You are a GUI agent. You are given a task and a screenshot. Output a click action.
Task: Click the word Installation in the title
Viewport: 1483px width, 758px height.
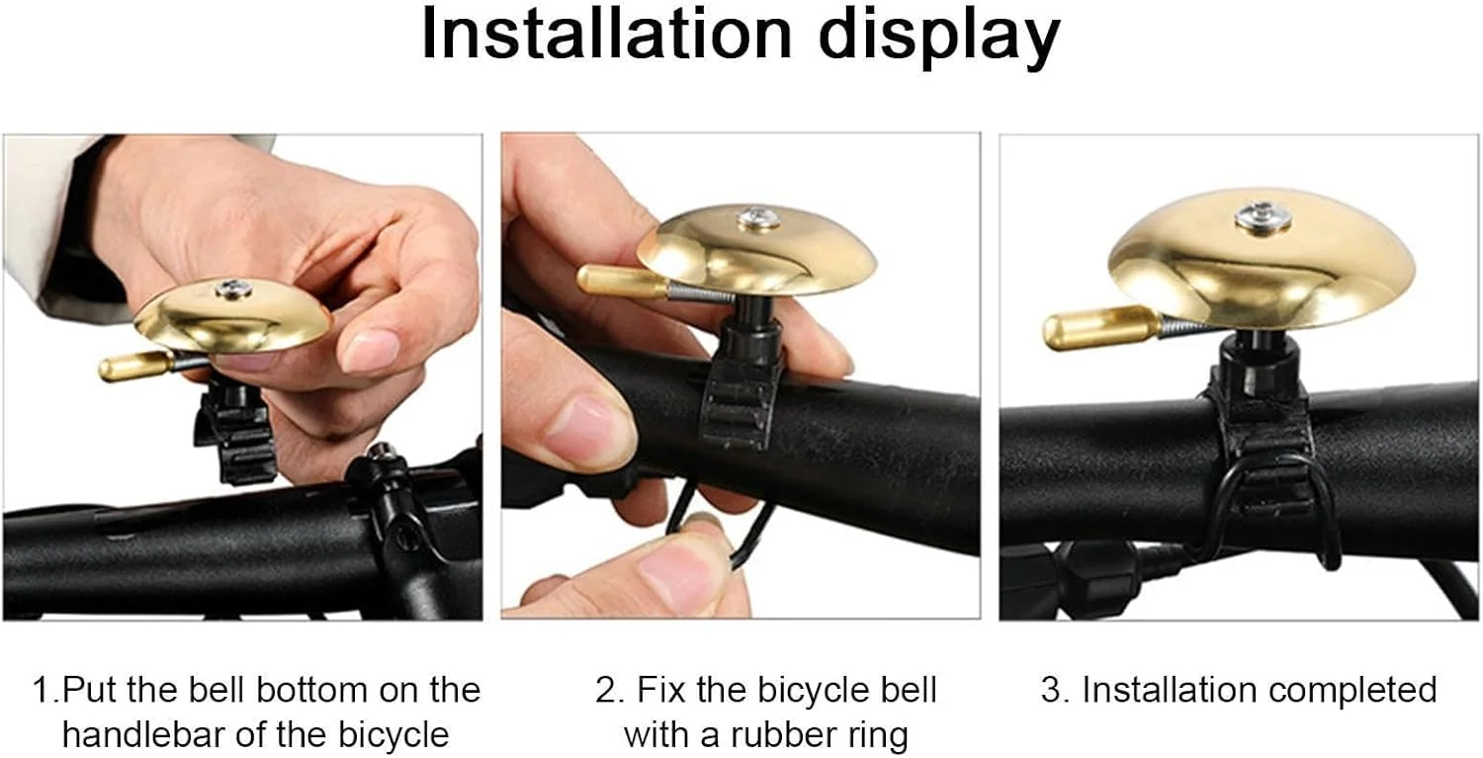click(606, 34)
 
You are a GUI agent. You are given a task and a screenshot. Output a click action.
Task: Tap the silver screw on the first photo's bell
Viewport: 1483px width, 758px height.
click(232, 290)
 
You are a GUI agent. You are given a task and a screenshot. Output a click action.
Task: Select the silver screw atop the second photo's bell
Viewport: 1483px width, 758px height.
click(757, 217)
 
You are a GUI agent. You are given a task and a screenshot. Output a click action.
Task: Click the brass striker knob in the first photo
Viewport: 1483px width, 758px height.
click(135, 366)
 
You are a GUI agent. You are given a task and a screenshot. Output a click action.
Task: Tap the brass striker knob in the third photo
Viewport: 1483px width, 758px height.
click(1101, 328)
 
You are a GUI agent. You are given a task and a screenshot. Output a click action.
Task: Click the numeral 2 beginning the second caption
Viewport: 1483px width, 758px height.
click(606, 691)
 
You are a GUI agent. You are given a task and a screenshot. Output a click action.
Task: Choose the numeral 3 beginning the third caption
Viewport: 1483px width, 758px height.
click(1051, 690)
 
